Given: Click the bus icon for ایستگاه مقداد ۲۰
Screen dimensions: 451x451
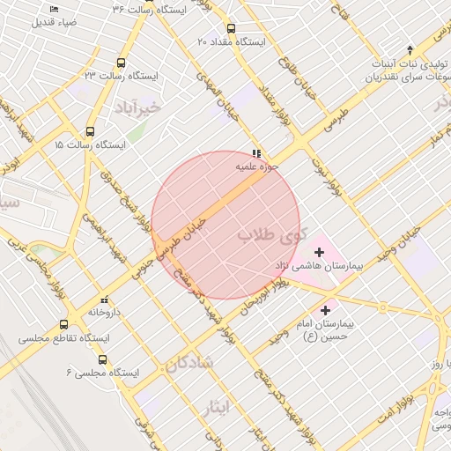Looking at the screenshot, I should [x=232, y=28].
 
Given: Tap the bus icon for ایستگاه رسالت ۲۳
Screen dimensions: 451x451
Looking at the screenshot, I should [x=121, y=63].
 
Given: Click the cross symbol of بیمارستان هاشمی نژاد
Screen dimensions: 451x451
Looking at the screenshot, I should [x=319, y=253].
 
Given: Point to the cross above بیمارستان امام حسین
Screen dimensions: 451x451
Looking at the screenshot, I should [x=326, y=310].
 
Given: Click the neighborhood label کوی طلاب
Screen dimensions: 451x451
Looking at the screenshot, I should [x=272, y=236].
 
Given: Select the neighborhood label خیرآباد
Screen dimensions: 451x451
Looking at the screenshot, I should [x=139, y=107].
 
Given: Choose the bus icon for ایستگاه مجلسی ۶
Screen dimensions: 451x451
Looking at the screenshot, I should [x=103, y=359].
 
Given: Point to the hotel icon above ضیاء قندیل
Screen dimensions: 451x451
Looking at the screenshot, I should [x=54, y=9].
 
